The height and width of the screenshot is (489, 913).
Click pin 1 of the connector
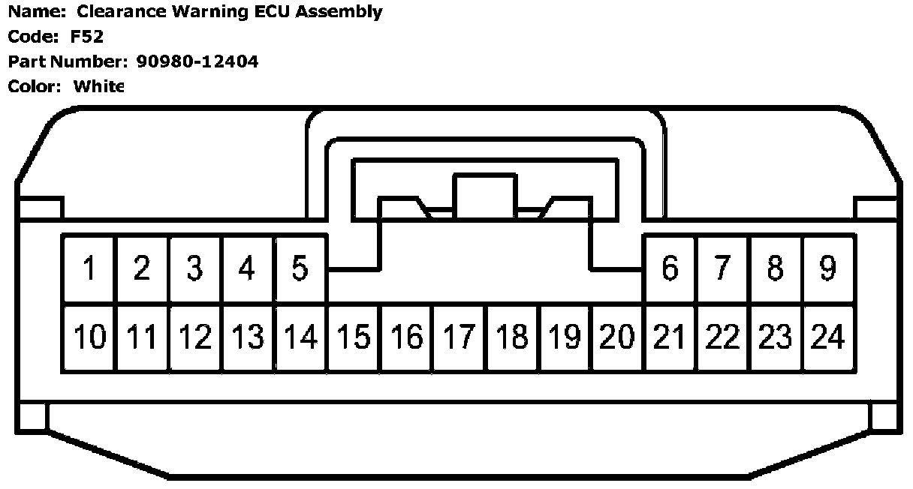(x=89, y=268)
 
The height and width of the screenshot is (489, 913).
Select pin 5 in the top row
(x=300, y=268)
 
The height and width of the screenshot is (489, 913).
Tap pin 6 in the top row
(x=670, y=268)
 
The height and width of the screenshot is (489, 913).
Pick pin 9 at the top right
(x=827, y=268)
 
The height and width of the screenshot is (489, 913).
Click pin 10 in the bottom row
(x=89, y=337)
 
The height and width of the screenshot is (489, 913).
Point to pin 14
(x=300, y=337)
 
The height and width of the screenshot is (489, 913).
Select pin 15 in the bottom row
(x=354, y=337)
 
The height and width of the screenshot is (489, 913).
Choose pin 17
(x=459, y=337)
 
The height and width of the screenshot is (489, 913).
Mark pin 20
(x=617, y=337)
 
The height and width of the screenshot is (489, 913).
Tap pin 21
(x=670, y=337)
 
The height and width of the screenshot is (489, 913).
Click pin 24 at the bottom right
(x=827, y=337)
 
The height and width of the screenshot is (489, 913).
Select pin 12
(x=195, y=337)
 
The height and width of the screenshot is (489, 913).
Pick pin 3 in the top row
(x=195, y=268)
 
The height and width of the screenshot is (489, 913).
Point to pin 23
(x=775, y=337)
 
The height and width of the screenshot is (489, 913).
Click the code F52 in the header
(x=87, y=37)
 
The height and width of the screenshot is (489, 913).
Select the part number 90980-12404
(x=197, y=61)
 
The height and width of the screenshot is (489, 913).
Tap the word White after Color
(x=98, y=86)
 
